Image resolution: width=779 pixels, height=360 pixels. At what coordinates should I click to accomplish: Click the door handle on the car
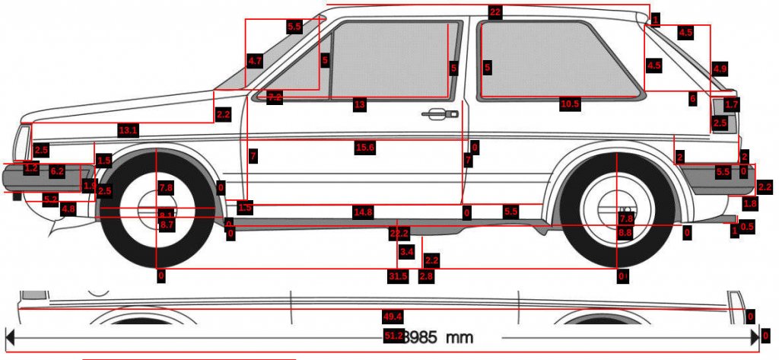(435, 114)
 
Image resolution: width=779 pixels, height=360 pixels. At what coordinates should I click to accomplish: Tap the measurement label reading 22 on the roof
(495, 12)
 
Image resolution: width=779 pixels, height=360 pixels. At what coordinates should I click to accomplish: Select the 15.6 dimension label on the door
(365, 148)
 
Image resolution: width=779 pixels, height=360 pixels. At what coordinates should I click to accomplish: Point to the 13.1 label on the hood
(128, 131)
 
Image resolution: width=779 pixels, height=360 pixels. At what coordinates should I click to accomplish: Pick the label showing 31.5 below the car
(398, 276)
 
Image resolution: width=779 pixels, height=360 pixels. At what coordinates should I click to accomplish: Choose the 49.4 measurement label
(393, 316)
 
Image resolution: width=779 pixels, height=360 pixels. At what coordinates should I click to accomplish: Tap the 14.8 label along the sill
(363, 212)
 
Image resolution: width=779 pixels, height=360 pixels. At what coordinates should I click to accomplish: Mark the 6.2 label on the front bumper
(57, 172)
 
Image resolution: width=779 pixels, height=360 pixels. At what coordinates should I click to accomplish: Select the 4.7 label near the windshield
(255, 60)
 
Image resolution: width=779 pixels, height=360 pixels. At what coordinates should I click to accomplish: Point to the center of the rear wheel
(616, 208)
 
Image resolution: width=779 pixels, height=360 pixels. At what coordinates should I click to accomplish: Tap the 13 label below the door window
(360, 104)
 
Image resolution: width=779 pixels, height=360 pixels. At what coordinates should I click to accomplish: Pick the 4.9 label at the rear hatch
(720, 69)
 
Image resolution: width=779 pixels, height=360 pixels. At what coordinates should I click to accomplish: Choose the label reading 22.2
(399, 233)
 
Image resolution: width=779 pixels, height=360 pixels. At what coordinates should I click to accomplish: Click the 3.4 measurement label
(406, 251)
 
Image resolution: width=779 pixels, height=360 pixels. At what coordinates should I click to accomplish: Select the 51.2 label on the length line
(393, 336)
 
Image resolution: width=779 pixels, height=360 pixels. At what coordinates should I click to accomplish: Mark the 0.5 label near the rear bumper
(747, 226)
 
